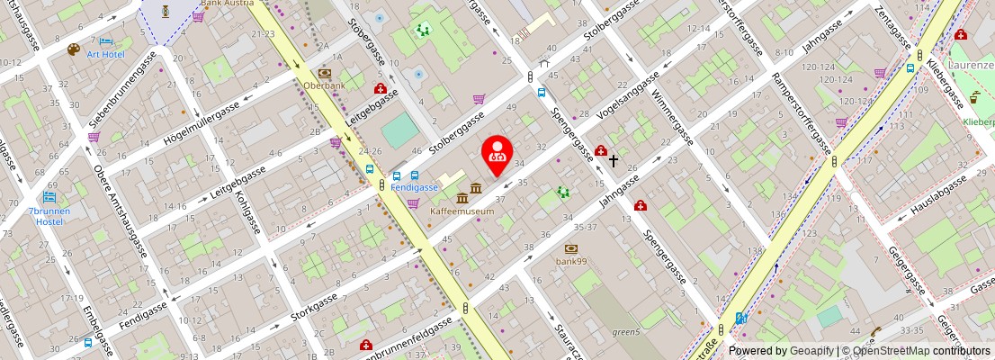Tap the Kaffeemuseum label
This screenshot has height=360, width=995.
[462, 211]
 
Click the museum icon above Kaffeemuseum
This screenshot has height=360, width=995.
[462, 197]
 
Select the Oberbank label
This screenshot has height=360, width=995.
[324, 86]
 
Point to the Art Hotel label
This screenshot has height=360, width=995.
[105, 54]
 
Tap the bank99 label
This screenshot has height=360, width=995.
[570, 261]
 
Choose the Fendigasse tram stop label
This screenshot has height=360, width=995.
[414, 187]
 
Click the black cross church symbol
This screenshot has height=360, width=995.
[614, 161]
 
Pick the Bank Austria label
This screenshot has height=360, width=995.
[227, 3]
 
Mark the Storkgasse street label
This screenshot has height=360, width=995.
[314, 306]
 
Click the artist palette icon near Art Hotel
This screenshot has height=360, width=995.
[74, 50]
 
